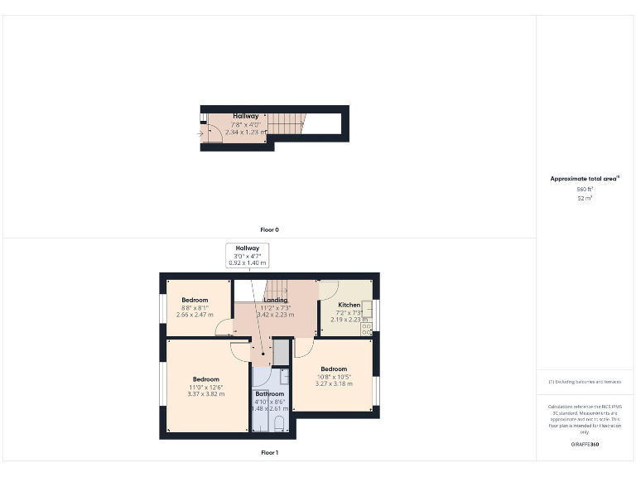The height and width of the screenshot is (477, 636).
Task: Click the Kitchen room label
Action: (349, 305)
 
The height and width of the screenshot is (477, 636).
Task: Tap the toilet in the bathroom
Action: (279, 424)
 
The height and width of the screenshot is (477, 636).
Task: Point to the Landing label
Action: (276, 300)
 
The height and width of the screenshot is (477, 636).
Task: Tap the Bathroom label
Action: (269, 394)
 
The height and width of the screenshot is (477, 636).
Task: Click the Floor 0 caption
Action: (269, 229)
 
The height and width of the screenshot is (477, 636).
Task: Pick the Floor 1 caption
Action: (269, 453)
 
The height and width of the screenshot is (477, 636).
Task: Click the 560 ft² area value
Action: (585, 190)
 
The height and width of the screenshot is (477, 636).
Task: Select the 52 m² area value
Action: (585, 199)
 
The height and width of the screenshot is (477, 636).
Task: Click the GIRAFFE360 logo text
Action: (585, 445)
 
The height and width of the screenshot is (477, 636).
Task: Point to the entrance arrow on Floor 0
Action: (200, 132)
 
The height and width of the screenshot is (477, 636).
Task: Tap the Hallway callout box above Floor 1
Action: (248, 255)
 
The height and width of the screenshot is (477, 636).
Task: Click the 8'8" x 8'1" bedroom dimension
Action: (195, 307)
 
